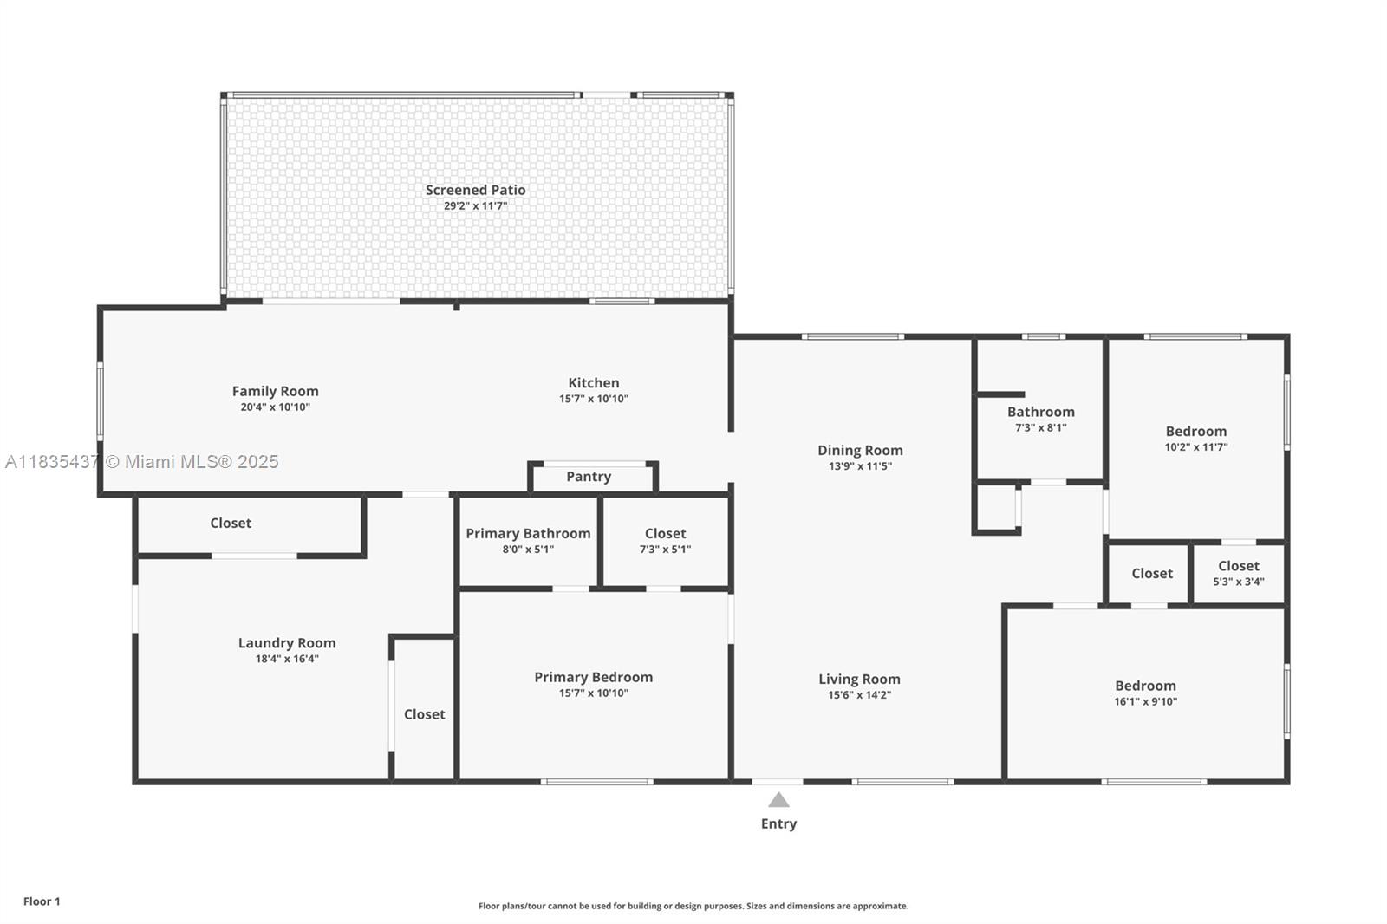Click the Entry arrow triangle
(778, 800)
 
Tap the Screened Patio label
(475, 190)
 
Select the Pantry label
(589, 477)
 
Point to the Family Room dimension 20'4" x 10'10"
(275, 407)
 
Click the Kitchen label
(594, 382)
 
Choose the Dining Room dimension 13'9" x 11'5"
(860, 466)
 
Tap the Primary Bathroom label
(528, 533)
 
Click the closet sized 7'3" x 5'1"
(665, 541)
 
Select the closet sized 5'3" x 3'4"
(1238, 573)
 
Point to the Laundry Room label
(287, 642)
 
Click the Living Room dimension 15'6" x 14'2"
(859, 695)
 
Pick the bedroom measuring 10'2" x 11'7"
(1196, 439)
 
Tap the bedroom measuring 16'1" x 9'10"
(1145, 693)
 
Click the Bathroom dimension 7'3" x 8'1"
(1040, 428)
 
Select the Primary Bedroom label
(593, 677)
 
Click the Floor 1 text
(42, 901)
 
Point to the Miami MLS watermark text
(142, 462)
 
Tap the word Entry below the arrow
(778, 823)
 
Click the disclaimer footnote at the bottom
(693, 906)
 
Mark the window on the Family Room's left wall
(100, 400)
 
